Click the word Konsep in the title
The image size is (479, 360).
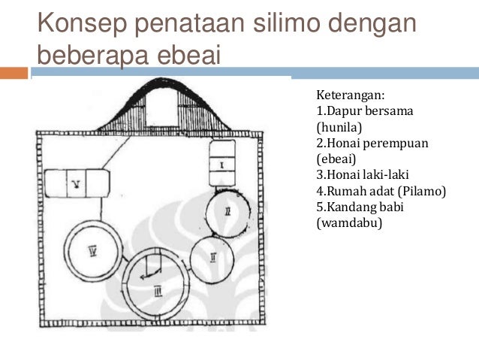pyautogui.click(x=82, y=23)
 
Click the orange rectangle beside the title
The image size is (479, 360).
pyautogui.click(x=14, y=73)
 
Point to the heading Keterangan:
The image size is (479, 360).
pyautogui.click(x=351, y=95)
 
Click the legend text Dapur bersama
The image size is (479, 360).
pyautogui.click(x=369, y=110)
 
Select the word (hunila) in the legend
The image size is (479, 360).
pyautogui.click(x=339, y=127)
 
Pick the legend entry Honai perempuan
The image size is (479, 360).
pyautogui.click(x=378, y=143)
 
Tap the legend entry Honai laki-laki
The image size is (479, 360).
pyautogui.click(x=367, y=174)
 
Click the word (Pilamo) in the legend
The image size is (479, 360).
pyautogui.click(x=422, y=191)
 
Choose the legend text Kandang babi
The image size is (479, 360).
pyautogui.click(x=365, y=207)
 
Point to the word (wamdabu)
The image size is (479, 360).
pyautogui.click(x=349, y=223)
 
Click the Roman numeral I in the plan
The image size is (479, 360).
pyautogui.click(x=222, y=165)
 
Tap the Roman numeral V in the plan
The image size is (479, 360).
pyautogui.click(x=77, y=183)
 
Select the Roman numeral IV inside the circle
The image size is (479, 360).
pyautogui.click(x=93, y=252)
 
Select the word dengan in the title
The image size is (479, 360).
pyautogui.click(x=372, y=23)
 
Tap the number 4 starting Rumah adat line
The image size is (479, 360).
pyautogui.click(x=320, y=191)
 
